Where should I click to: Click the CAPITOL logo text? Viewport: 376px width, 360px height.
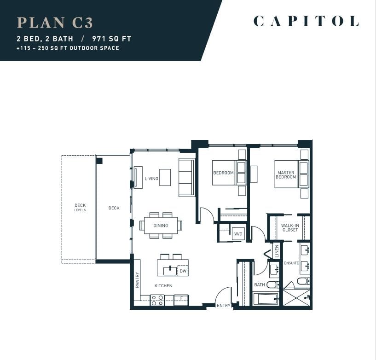pos(306,21)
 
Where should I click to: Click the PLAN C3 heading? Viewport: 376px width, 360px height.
pos(55,23)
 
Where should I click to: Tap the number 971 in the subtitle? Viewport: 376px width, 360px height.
pos(99,39)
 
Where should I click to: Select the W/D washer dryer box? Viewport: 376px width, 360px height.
pos(238,233)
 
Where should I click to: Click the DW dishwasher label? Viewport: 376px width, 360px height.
pos(183,271)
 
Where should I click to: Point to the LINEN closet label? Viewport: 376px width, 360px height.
pos(277,251)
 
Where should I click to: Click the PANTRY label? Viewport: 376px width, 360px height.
pos(137,280)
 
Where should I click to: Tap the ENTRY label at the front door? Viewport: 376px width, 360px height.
pos(224,306)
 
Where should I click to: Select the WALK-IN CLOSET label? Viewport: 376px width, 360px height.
pos(290,227)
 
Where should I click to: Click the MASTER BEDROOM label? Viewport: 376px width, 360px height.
pos(286,174)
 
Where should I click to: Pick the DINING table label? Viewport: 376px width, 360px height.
pos(161,226)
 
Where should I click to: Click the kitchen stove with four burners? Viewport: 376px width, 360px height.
pos(157,300)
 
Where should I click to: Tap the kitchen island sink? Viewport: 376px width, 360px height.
pos(170,271)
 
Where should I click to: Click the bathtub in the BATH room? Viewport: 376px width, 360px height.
pos(266,299)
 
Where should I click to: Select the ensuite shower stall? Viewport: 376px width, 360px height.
pos(296,298)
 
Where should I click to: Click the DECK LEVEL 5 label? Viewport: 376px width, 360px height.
pos(80,207)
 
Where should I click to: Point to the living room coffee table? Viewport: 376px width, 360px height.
pos(165,177)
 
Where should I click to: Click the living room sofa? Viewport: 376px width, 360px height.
pos(186,178)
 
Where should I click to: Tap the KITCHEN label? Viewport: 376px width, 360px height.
pos(163,285)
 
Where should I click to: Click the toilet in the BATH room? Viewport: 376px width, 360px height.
pos(272,285)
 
